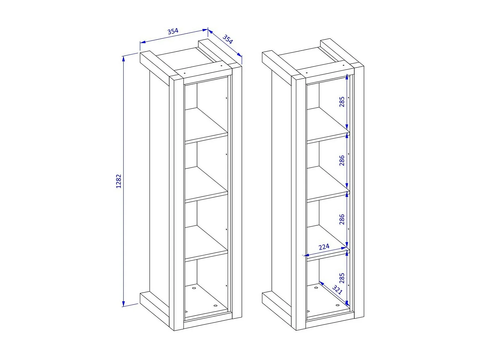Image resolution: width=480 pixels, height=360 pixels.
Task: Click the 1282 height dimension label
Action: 118,181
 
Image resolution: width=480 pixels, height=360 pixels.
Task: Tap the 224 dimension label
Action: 324,247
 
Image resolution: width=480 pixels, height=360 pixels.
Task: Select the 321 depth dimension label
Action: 337,290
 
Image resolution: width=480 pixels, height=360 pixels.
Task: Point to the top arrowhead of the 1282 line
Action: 123,59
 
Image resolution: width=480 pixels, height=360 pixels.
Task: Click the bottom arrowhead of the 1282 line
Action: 123,304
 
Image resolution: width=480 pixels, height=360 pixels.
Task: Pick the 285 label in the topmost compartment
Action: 342,102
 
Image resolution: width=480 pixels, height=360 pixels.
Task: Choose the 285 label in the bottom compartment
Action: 342,278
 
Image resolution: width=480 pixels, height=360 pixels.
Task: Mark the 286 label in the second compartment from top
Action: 342,161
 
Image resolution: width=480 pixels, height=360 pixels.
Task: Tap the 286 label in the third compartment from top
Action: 342,220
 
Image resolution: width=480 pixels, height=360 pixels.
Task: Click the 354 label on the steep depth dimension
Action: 228,39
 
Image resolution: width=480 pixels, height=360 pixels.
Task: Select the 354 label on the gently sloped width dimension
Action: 173,31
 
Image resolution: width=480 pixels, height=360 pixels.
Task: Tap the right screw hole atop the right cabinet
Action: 343,65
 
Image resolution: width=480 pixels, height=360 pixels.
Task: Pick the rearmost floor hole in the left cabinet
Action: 194,288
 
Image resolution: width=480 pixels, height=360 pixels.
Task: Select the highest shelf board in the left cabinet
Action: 206,126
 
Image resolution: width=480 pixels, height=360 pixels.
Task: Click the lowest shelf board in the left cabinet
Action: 206,244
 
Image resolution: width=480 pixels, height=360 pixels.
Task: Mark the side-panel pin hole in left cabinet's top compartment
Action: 226,98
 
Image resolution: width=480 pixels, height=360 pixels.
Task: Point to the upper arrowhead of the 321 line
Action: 321,283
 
